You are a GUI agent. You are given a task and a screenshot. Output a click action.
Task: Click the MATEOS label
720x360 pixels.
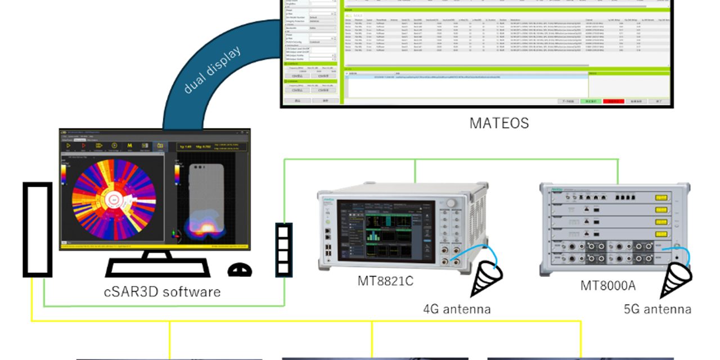(x=499, y=123)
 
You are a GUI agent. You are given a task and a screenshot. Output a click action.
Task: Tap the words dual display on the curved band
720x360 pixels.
(x=213, y=69)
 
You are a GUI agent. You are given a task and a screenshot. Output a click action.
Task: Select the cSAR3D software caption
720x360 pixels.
(x=162, y=292)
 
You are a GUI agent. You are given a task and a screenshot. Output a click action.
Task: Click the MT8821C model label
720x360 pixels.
(x=385, y=280)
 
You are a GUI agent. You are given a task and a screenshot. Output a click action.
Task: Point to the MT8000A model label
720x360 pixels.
(x=608, y=286)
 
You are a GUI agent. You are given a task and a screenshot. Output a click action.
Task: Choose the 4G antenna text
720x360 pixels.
(x=457, y=309)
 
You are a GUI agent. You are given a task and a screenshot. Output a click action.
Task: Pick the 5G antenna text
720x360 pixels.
(x=658, y=309)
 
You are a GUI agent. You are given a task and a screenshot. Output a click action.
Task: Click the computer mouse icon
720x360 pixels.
(x=240, y=271)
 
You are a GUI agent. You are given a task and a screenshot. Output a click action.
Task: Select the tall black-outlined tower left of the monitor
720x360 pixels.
(x=37, y=229)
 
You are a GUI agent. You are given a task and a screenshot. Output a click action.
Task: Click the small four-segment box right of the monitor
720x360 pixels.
(x=283, y=249)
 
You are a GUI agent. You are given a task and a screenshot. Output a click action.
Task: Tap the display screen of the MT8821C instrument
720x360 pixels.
(x=386, y=231)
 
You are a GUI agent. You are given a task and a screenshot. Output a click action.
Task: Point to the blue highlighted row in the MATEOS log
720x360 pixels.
(x=467, y=76)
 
